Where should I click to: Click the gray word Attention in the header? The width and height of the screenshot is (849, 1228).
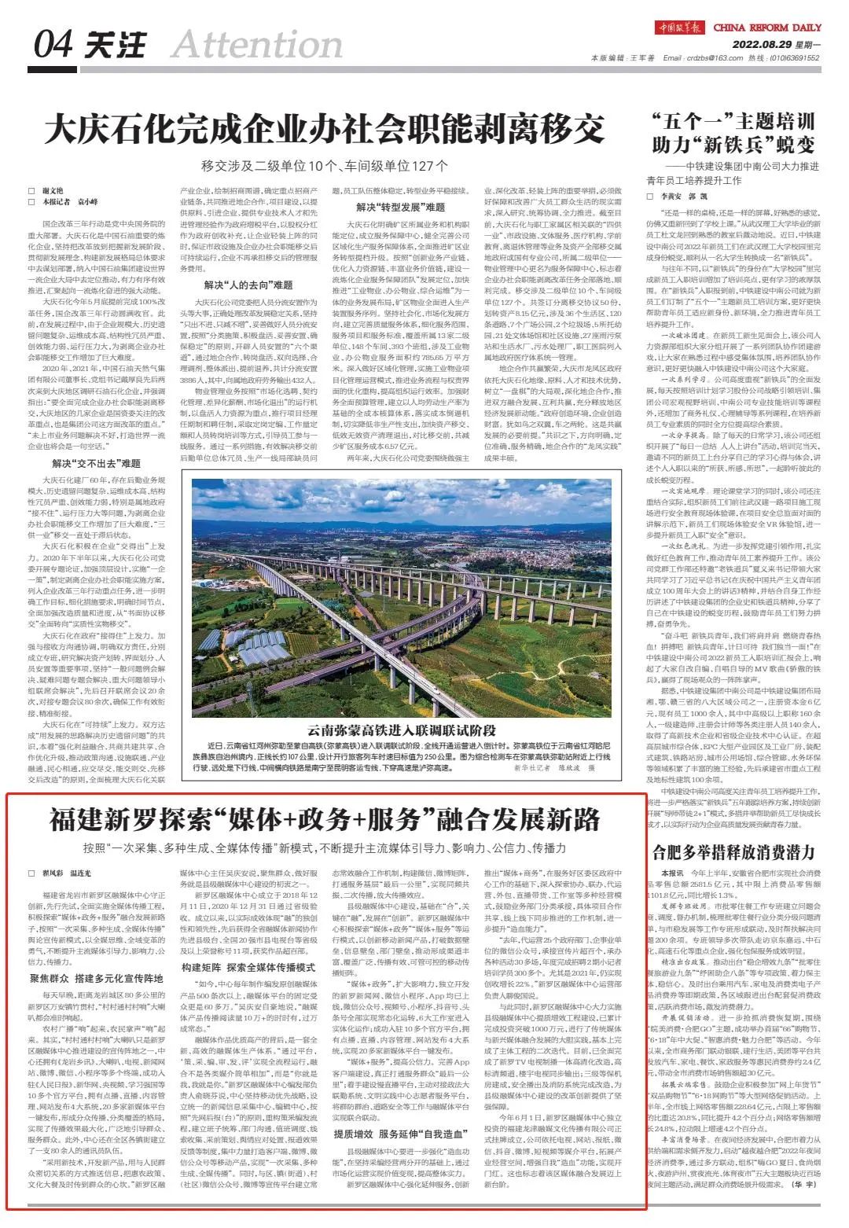pyautogui.click(x=257, y=46)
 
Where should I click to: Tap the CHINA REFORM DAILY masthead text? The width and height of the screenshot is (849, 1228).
pyautogui.click(x=767, y=28)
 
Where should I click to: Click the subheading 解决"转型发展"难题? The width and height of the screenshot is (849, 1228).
pyautogui.click(x=400, y=208)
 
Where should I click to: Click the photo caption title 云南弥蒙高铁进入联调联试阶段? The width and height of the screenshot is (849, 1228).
pyautogui.click(x=402, y=728)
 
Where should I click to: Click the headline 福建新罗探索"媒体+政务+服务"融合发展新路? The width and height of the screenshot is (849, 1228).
pyautogui.click(x=324, y=820)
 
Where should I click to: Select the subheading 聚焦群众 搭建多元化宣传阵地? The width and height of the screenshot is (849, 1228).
pyautogui.click(x=97, y=979)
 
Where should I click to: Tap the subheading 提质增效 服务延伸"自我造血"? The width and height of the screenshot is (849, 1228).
pyautogui.click(x=400, y=1134)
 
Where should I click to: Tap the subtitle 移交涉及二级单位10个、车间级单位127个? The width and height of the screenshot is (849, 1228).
pyautogui.click(x=324, y=166)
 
